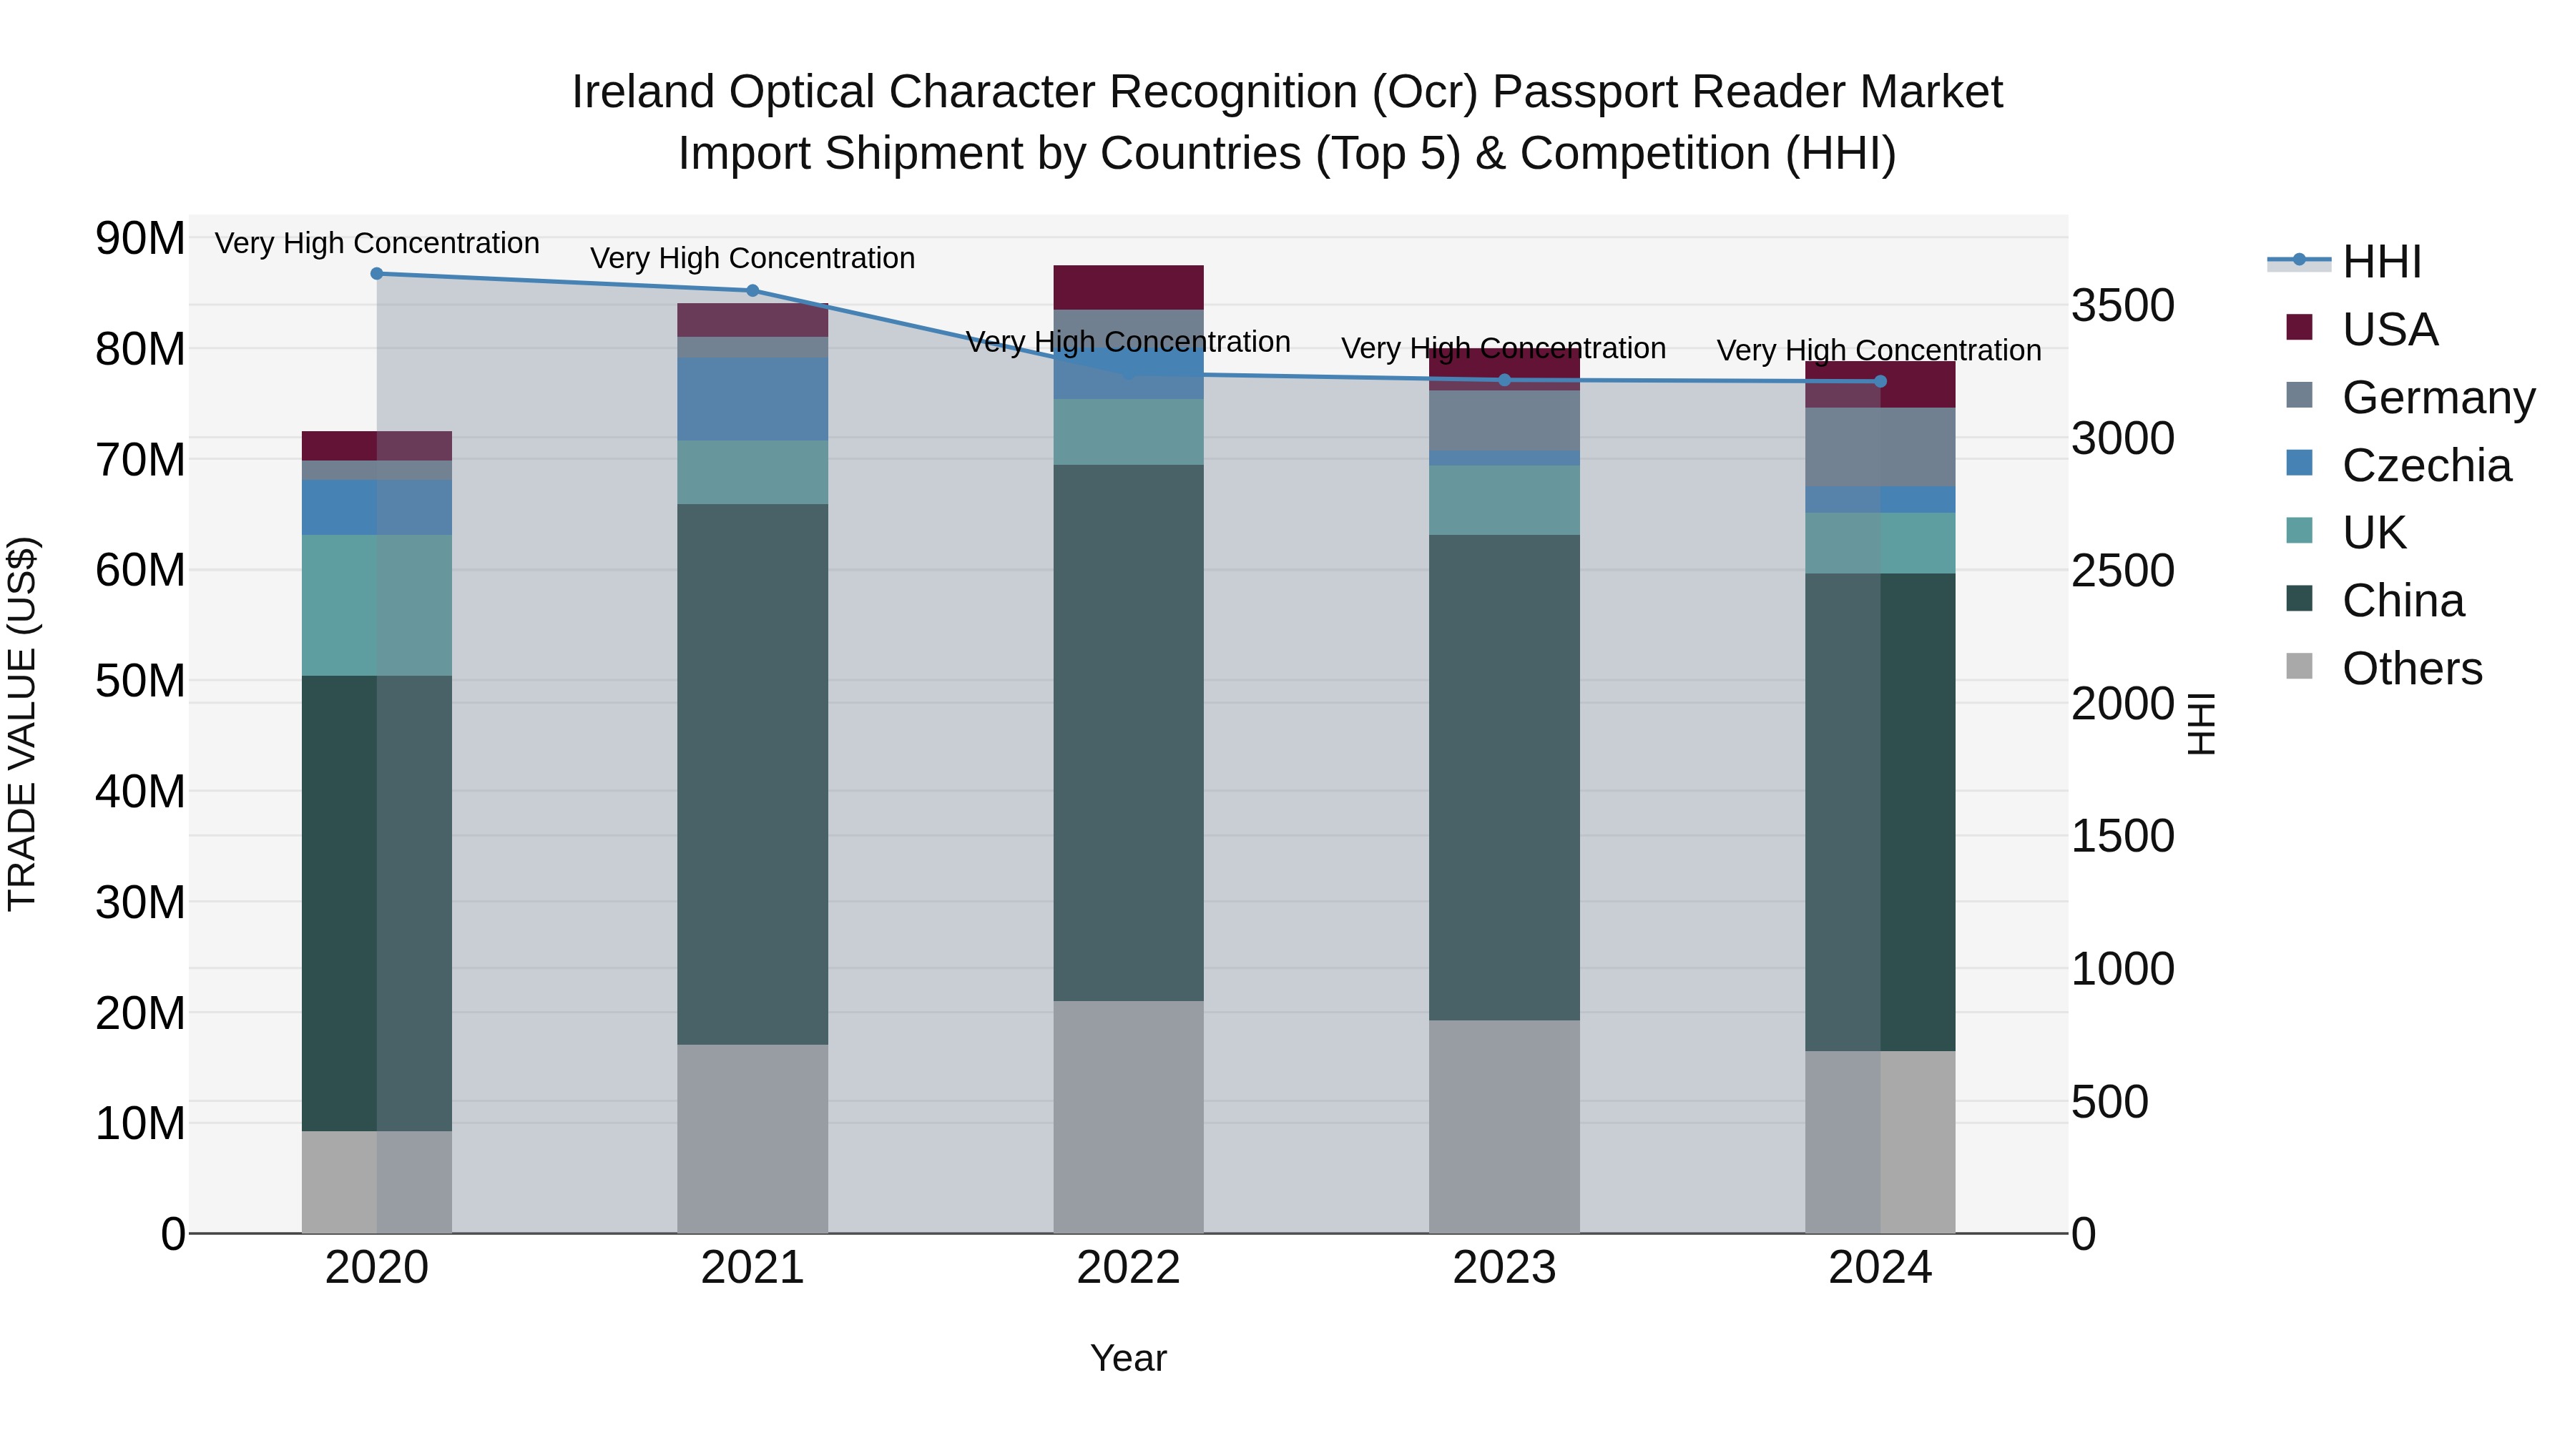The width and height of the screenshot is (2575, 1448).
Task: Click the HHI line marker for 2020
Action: (x=377, y=274)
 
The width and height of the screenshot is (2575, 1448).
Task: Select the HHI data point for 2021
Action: (x=752, y=291)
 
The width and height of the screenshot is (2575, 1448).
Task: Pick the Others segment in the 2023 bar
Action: (x=1504, y=1126)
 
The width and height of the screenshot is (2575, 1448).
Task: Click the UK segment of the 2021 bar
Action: (x=752, y=473)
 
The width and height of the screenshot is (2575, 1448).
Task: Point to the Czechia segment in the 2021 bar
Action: (x=752, y=400)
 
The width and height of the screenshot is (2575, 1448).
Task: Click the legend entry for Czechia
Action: (x=2425, y=466)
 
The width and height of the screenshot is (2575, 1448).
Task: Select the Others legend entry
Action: (x=2411, y=669)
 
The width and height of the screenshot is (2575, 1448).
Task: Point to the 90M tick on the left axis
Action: (x=140, y=239)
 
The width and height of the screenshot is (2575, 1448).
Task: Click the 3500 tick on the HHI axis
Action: (x=2122, y=306)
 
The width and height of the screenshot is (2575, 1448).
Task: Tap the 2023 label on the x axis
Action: (x=1504, y=1268)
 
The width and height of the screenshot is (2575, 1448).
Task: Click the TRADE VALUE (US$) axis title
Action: (x=22, y=724)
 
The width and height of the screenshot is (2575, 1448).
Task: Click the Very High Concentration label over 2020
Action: (x=377, y=243)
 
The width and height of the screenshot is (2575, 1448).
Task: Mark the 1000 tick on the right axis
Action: (x=2122, y=970)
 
